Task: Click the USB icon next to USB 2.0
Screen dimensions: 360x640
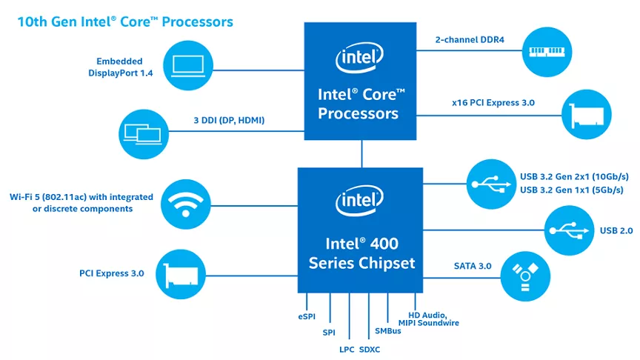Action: click(x=568, y=230)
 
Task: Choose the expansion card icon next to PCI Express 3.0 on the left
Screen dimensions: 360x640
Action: click(x=180, y=273)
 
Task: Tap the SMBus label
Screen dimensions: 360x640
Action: click(x=387, y=331)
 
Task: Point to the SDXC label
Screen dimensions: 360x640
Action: click(x=370, y=349)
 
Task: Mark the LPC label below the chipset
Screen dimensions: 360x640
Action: click(x=346, y=349)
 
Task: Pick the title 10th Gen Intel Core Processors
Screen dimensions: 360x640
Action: click(x=125, y=21)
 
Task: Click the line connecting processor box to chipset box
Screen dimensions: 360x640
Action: click(x=362, y=153)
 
